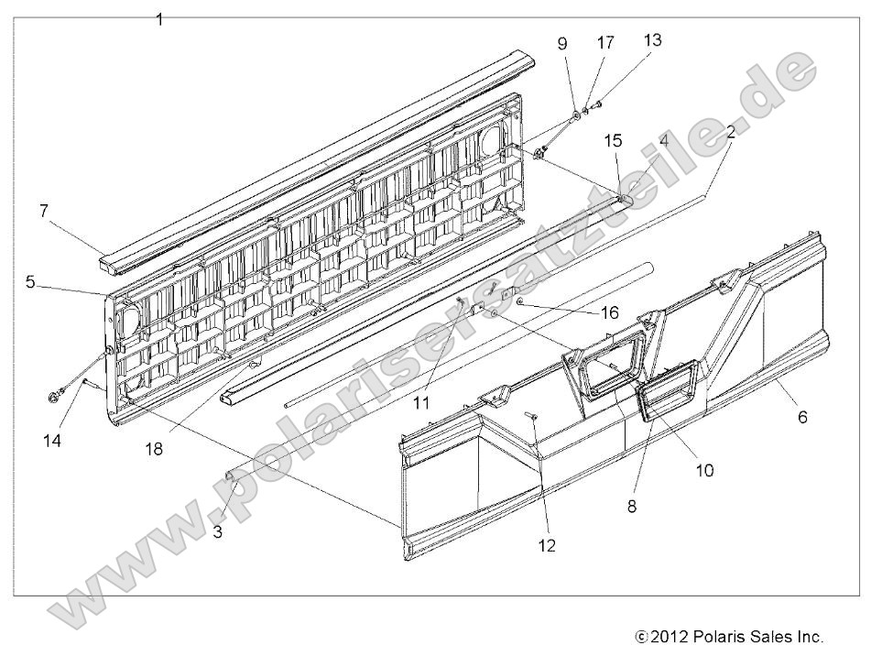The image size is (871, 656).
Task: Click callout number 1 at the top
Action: pos(159,18)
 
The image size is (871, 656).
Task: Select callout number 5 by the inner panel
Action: pos(30,282)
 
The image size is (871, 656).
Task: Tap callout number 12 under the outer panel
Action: pos(547,545)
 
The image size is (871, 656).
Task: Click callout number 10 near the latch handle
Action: pos(704,470)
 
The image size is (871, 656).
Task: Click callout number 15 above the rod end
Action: pos(613,140)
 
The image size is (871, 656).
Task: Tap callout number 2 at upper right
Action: pos(730,131)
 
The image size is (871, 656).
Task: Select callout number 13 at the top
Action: pos(652,40)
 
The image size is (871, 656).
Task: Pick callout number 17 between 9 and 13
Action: pos(606,42)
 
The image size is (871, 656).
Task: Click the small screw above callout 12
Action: pos(531,418)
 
